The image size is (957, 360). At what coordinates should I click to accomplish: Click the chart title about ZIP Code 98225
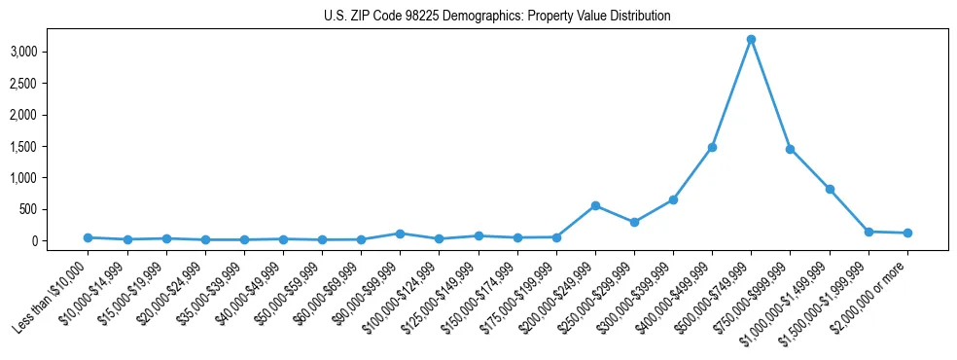(x=497, y=17)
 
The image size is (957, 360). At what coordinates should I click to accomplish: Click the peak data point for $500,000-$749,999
(x=751, y=40)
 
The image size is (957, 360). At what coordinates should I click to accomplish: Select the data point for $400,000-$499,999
(x=712, y=147)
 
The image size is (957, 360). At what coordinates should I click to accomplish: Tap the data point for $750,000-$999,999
(x=790, y=149)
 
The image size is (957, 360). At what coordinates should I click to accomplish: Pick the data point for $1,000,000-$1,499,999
(x=830, y=189)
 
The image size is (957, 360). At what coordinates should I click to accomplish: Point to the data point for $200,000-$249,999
(x=595, y=205)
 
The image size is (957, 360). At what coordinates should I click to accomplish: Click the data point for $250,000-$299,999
(x=634, y=222)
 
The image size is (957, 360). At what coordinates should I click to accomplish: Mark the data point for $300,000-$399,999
(x=673, y=199)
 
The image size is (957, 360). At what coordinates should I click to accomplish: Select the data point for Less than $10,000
(x=88, y=237)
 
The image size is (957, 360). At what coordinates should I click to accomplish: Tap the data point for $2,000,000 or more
(x=907, y=233)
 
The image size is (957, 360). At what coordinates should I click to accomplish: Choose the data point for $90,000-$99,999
(x=400, y=234)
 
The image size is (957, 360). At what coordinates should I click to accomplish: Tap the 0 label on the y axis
(x=60, y=240)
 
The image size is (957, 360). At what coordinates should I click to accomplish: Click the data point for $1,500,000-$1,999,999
(x=868, y=232)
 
